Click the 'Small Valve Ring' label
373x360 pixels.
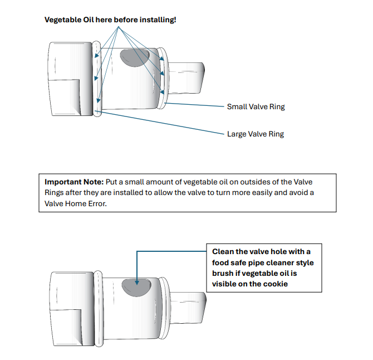(x=256, y=106)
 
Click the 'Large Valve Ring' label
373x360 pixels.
(x=256, y=134)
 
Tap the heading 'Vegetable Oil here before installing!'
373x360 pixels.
(x=110, y=20)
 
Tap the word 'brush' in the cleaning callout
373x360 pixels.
(x=223, y=273)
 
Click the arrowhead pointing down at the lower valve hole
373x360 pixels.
(x=137, y=274)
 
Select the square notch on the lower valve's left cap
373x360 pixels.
(x=66, y=329)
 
